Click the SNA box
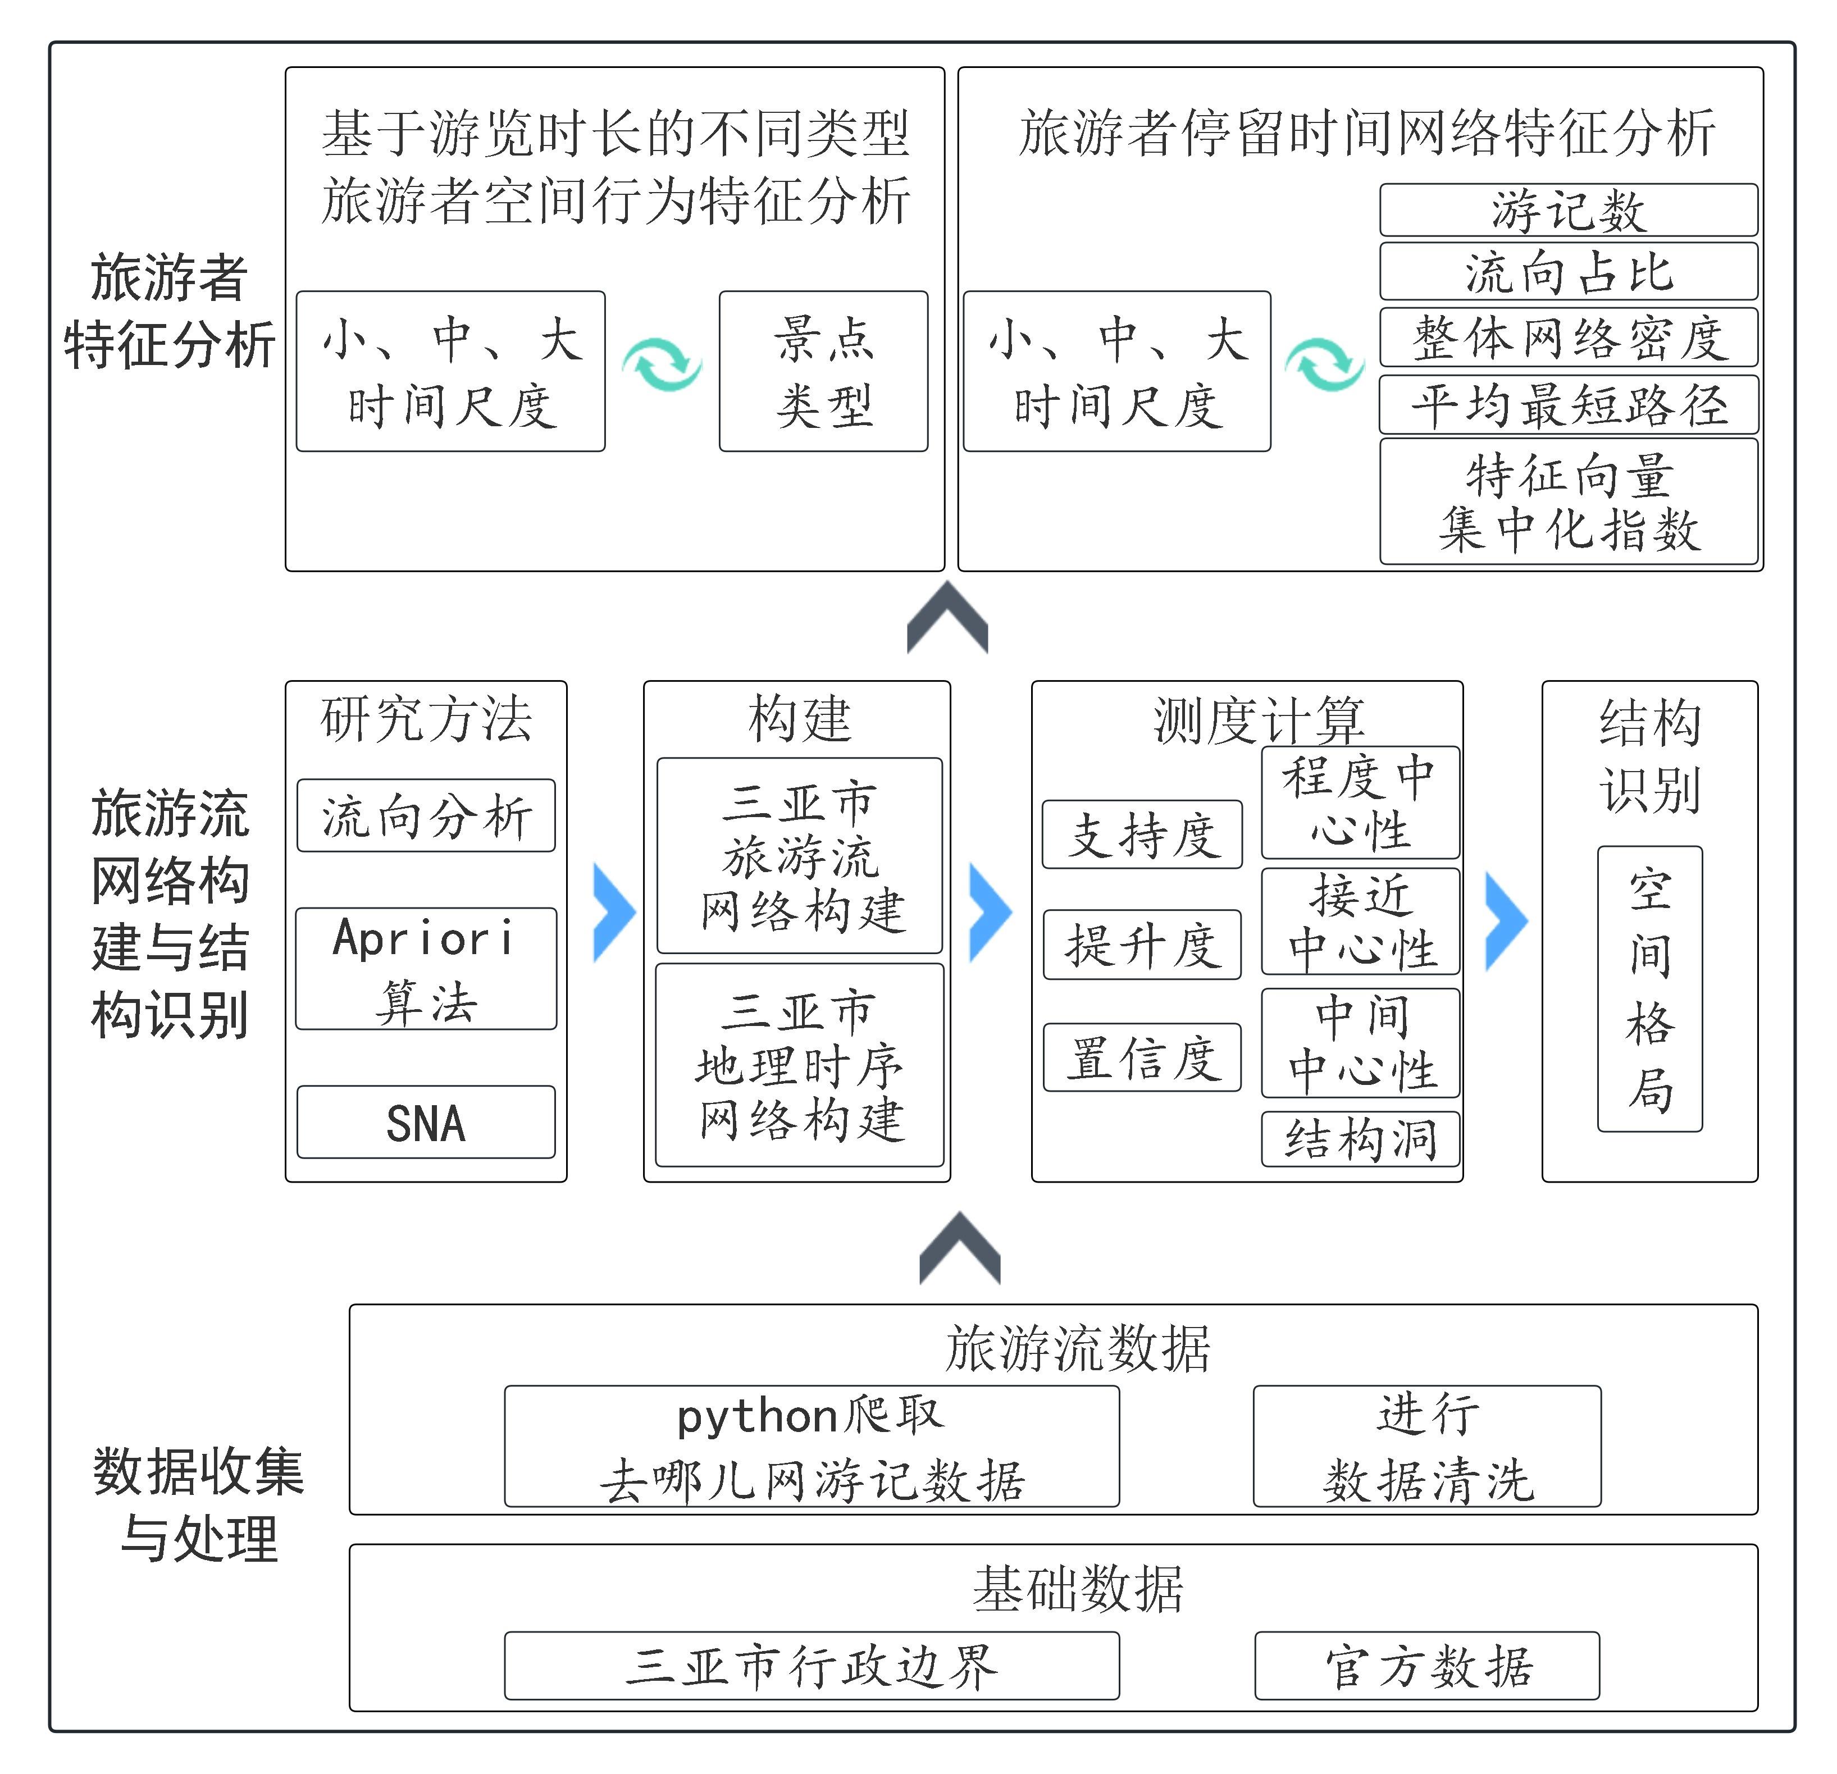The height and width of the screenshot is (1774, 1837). pyautogui.click(x=426, y=1122)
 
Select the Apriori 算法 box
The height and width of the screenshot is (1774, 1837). pyautogui.click(x=426, y=968)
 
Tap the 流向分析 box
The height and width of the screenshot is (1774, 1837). pyautogui.click(x=426, y=815)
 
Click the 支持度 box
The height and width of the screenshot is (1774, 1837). pyautogui.click(x=1142, y=834)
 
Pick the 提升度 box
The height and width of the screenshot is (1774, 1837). pyautogui.click(x=1142, y=945)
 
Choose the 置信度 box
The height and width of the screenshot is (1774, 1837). pyautogui.click(x=1142, y=1057)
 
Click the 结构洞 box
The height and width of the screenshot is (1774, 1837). pyautogui.click(x=1361, y=1139)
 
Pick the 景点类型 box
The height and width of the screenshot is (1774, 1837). pyautogui.click(x=823, y=371)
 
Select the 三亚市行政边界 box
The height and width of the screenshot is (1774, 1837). pyautogui.click(x=812, y=1665)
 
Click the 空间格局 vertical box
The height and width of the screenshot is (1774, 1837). pyautogui.click(x=1649, y=989)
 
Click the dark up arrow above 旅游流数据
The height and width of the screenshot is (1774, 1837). pyautogui.click(x=960, y=1248)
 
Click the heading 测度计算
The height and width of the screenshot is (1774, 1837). pyautogui.click(x=1258, y=720)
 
